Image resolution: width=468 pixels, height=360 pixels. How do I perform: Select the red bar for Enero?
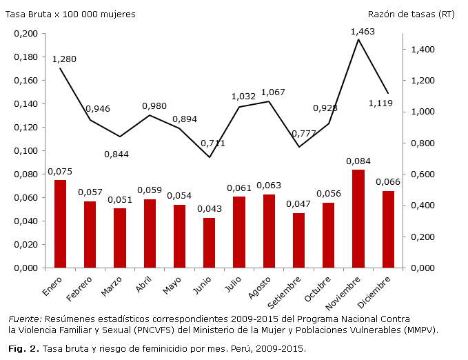[x=61, y=223]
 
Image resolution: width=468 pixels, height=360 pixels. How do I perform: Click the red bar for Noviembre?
[x=358, y=218]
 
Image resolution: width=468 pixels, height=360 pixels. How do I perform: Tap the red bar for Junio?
[x=210, y=242]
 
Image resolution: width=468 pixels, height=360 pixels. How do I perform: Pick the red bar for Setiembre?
[x=298, y=240]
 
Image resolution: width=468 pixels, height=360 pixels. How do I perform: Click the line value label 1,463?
[x=363, y=32]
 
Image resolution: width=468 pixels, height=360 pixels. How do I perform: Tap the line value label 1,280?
[x=64, y=59]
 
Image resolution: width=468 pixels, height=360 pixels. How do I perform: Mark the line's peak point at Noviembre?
[x=358, y=39]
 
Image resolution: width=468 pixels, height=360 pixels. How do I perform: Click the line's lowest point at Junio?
[x=210, y=157]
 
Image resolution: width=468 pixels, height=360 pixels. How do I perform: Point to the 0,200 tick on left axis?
[x=26, y=34]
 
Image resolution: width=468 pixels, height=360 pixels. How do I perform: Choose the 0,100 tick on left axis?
[x=26, y=151]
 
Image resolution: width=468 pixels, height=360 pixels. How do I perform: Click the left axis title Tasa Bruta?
[x=70, y=14]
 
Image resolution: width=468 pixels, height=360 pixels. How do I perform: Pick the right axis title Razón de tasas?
[x=411, y=14]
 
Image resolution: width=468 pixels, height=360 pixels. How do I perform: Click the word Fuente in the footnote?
[x=23, y=319]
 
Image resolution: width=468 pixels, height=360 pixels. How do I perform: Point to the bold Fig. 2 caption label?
[x=23, y=348]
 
